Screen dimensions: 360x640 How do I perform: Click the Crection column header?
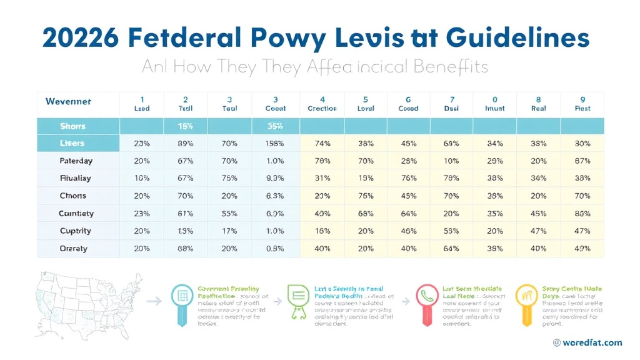click(x=322, y=104)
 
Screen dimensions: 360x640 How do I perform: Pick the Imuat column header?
click(x=495, y=104)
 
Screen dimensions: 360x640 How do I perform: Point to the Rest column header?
click(x=582, y=104)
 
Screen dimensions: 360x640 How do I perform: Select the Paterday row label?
click(x=76, y=161)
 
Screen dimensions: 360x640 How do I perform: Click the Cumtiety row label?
click(x=76, y=213)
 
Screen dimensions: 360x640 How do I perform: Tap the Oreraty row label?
click(x=73, y=248)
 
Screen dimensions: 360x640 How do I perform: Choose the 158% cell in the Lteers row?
click(x=276, y=143)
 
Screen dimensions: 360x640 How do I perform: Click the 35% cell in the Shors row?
click(x=276, y=126)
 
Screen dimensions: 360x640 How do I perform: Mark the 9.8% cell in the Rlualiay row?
click(x=276, y=178)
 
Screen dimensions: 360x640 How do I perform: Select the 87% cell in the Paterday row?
click(x=582, y=161)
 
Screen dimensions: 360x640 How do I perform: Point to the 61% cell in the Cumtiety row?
click(x=186, y=213)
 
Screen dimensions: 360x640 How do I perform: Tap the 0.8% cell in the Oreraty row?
click(x=276, y=248)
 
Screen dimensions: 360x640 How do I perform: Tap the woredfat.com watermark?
click(x=587, y=342)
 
